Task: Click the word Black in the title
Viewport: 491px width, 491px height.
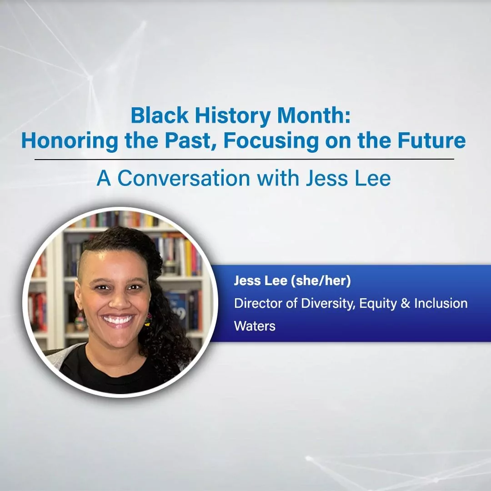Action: tap(160, 115)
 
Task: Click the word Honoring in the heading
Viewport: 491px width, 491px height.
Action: tap(70, 141)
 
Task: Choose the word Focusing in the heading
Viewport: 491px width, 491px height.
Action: tap(271, 141)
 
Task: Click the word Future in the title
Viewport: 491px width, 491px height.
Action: tap(432, 140)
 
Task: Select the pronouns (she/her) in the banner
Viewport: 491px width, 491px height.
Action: tap(321, 281)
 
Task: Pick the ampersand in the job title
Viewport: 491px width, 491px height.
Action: tap(406, 303)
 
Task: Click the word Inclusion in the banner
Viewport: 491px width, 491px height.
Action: tap(441, 303)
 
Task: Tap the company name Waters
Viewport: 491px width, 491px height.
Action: tap(255, 326)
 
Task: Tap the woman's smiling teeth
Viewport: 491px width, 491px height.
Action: tap(118, 320)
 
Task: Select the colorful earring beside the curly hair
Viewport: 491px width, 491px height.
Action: tap(148, 320)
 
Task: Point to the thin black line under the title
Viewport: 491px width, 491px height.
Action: tap(244, 160)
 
